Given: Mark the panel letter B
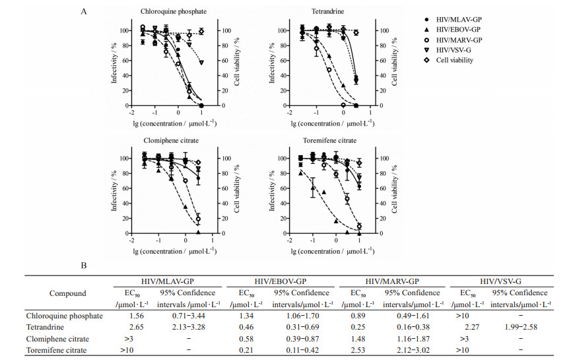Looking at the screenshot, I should click(83, 267).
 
